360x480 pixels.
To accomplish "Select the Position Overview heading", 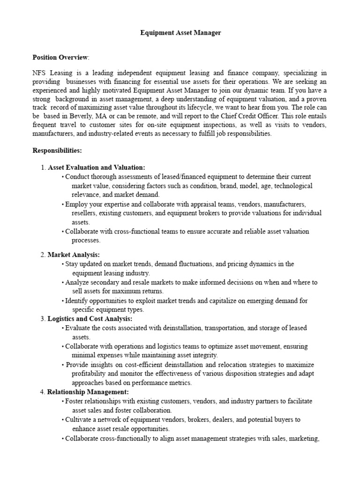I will point(60,58).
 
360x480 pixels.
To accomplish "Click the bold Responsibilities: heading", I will point(57,150).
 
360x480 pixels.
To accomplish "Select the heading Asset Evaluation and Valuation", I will point(97,167).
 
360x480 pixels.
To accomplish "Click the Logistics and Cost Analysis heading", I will point(90,319).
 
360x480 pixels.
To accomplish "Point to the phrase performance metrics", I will point(152,382).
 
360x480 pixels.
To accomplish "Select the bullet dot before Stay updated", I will point(63,264).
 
